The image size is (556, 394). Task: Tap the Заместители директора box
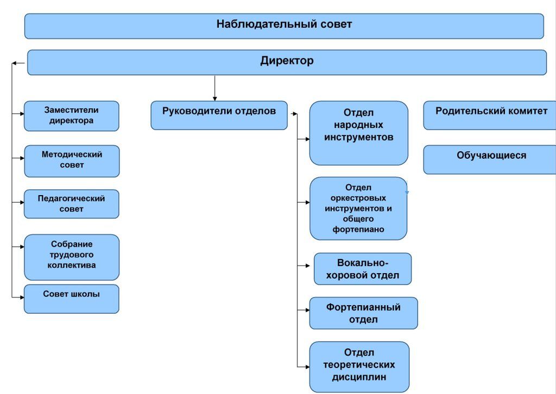pyautogui.click(x=71, y=115)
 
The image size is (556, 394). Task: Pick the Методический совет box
pyautogui.click(x=72, y=160)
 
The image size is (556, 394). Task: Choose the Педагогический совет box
pyautogui.click(x=71, y=204)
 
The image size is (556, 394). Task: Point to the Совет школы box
pyautogui.click(x=71, y=299)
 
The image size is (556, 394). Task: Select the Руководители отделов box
pyautogui.click(x=219, y=115)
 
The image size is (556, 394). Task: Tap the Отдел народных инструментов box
pyautogui.click(x=358, y=133)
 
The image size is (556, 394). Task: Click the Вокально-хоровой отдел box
pyautogui.click(x=363, y=269)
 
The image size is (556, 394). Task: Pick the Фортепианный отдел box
pyautogui.click(x=363, y=313)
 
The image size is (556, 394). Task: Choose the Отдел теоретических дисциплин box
pyautogui.click(x=359, y=366)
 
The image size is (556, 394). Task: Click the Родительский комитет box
pyautogui.click(x=491, y=115)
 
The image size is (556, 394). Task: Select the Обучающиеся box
pyautogui.click(x=491, y=159)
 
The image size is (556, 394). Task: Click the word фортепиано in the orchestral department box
pyautogui.click(x=358, y=229)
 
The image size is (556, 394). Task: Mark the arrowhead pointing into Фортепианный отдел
pyautogui.click(x=307, y=311)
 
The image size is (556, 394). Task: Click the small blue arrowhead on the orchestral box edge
pyautogui.click(x=407, y=192)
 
